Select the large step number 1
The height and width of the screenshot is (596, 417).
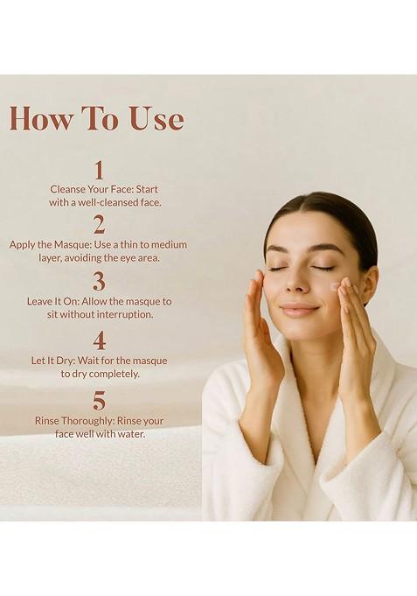(99, 169)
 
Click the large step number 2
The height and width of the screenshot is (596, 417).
(99, 224)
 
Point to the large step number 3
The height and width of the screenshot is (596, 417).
(99, 281)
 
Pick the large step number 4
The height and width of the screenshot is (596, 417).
(99, 340)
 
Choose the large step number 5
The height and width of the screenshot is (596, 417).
(99, 400)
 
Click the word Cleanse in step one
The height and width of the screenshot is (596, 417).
(70, 188)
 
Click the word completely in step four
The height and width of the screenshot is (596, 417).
(113, 373)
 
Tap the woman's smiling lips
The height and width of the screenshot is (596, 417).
(300, 310)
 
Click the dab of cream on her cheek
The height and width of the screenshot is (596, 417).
(334, 286)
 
